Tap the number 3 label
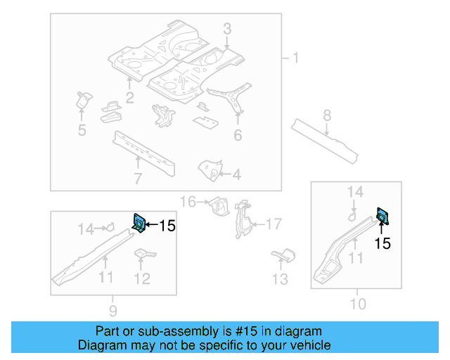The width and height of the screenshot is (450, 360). click(227, 29)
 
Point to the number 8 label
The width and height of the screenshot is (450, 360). click(327, 114)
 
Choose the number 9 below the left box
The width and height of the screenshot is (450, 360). click(113, 310)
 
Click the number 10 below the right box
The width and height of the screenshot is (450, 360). click(358, 304)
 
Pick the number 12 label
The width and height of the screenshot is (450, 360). click(141, 279)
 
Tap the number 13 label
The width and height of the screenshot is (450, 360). click(280, 280)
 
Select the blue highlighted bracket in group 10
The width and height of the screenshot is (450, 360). click(383, 216)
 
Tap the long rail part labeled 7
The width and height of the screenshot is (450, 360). click(143, 149)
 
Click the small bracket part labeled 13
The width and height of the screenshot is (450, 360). click(284, 255)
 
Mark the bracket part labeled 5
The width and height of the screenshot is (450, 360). click(83, 100)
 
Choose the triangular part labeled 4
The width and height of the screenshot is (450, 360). click(209, 168)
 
